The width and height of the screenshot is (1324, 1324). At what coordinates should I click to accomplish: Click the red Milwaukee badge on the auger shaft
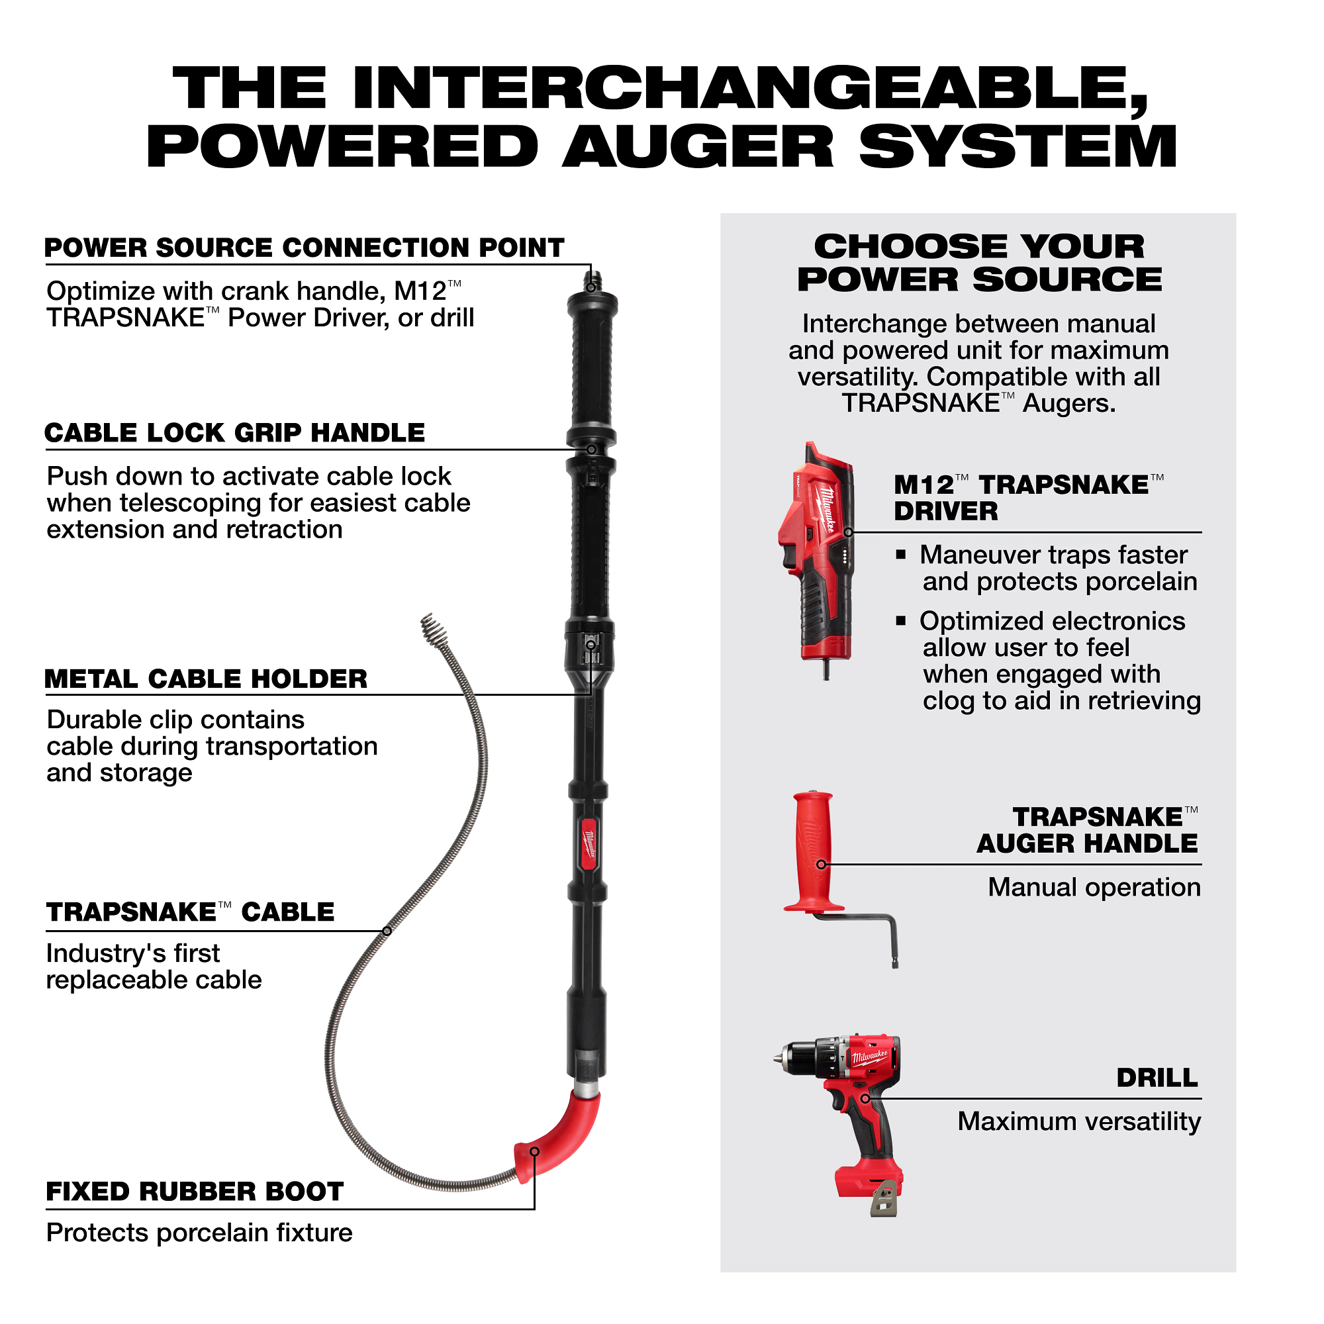(589, 843)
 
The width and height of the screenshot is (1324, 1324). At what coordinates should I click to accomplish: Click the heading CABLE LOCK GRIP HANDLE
(234, 433)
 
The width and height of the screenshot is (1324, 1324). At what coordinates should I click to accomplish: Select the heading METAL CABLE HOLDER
(206, 679)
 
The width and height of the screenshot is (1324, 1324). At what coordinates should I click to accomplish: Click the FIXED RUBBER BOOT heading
(195, 1192)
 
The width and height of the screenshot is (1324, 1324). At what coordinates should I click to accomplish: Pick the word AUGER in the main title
(698, 147)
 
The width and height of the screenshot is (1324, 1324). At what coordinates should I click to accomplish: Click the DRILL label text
(1157, 1078)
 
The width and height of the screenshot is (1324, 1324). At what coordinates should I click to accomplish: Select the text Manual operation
(1094, 888)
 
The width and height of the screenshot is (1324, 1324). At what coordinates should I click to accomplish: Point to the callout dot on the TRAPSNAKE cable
(387, 931)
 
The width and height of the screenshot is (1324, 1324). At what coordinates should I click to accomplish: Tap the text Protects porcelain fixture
(199, 1233)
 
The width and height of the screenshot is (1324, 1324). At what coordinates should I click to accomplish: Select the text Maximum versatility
(1079, 1122)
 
